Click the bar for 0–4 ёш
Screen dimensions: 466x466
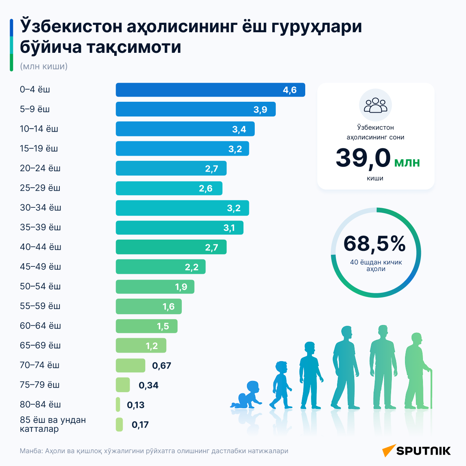210,90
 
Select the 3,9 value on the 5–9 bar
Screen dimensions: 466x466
260,110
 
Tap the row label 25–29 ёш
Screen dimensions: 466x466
40,188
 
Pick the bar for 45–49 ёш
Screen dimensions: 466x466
160,266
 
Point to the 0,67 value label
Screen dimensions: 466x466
162,365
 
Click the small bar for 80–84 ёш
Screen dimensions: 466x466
118,404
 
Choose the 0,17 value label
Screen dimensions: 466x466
140,424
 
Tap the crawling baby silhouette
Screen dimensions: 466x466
246,395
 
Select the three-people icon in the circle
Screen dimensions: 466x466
375,105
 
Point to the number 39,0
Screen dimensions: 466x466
363,158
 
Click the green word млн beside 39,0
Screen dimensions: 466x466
407,162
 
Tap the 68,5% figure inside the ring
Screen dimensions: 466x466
375,243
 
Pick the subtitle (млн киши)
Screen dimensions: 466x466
44,66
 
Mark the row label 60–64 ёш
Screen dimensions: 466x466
40,325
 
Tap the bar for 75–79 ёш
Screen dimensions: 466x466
123,385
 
